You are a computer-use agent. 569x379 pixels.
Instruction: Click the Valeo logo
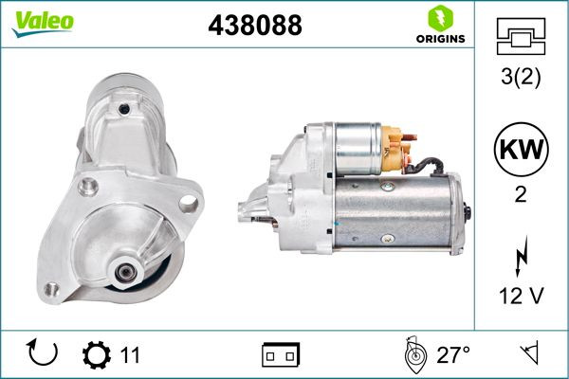pyautogui.click(x=43, y=23)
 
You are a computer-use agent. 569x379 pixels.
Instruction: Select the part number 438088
pyautogui.click(x=255, y=25)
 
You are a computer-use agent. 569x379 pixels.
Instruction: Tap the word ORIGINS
pyautogui.click(x=440, y=39)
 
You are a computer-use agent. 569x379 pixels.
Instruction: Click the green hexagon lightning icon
pyautogui.click(x=441, y=18)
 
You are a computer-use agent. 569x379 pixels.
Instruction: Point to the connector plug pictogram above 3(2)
pyautogui.click(x=521, y=36)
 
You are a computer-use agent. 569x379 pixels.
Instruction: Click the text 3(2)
pyautogui.click(x=521, y=77)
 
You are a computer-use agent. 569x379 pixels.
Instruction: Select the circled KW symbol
pyautogui.click(x=521, y=149)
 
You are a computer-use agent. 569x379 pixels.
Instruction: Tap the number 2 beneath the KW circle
pyautogui.click(x=521, y=195)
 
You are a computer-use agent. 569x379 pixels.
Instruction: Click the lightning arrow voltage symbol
pyautogui.click(x=521, y=256)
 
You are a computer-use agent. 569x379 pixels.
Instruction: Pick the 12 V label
pyautogui.click(x=521, y=296)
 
